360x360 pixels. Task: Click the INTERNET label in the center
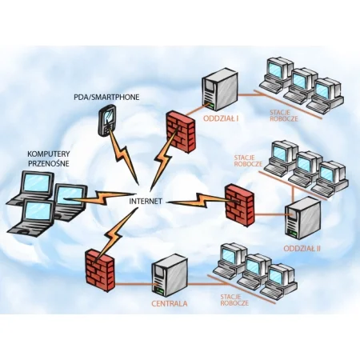click(146, 201)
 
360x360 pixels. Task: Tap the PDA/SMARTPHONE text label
click(106, 97)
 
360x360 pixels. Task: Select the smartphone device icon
click(107, 120)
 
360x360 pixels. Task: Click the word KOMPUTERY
click(49, 154)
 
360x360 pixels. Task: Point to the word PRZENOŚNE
click(49, 163)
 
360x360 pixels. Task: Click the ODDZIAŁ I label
click(221, 118)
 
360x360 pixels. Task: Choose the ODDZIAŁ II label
click(302, 249)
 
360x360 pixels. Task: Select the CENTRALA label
click(170, 303)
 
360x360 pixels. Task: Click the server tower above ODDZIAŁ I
click(219, 90)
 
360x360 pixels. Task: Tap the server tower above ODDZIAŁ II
click(302, 218)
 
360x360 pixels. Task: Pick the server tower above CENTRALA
click(170, 275)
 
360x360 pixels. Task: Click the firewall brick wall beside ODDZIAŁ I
click(181, 131)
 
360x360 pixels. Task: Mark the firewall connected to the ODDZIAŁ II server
click(240, 206)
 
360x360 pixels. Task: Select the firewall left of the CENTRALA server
click(100, 270)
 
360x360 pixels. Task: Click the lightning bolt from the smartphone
click(123, 158)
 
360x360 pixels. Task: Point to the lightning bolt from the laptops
click(100, 198)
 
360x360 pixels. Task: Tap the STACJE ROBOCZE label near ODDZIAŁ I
click(283, 115)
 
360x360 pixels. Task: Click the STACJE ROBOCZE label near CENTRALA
click(234, 300)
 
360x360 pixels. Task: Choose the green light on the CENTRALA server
click(160, 290)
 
